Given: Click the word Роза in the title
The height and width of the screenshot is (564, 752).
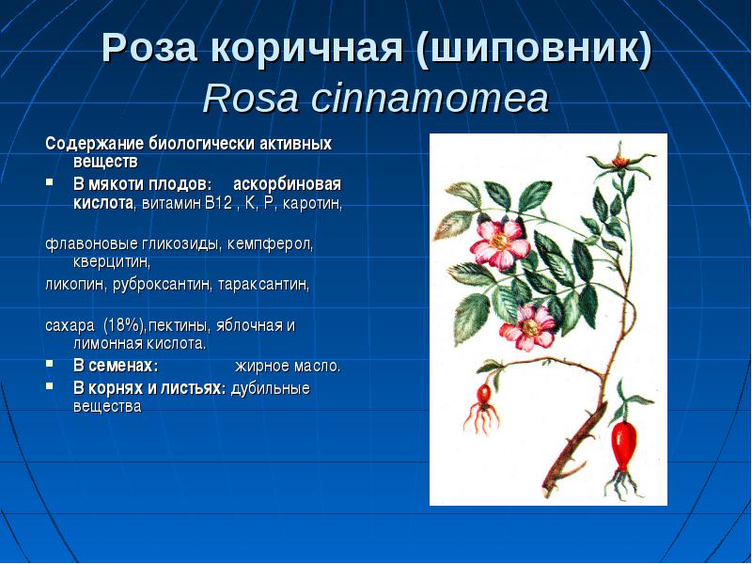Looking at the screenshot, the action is (x=149, y=48).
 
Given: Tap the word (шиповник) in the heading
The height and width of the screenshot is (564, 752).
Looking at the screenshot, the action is (x=534, y=49).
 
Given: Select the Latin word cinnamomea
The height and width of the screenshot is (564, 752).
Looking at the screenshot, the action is (x=430, y=99).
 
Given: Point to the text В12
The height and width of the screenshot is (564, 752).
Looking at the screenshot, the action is (x=218, y=203).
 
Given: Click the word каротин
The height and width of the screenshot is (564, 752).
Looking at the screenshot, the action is (x=312, y=204).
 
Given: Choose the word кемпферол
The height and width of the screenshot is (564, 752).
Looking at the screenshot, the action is (x=270, y=244).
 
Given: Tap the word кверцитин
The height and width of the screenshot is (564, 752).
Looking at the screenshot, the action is (x=112, y=263).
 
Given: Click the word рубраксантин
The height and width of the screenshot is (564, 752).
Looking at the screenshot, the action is (x=162, y=285).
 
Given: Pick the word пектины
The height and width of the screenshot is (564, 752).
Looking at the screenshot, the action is (x=180, y=326).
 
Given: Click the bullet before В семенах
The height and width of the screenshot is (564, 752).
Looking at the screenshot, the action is (x=49, y=363).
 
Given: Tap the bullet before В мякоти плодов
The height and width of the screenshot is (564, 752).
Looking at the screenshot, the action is (x=49, y=181).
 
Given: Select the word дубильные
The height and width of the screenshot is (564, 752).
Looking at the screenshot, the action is (x=271, y=388).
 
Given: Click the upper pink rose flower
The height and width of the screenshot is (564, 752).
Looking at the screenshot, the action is (x=499, y=243).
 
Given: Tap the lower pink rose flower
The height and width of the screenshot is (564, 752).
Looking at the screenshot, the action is (x=528, y=327).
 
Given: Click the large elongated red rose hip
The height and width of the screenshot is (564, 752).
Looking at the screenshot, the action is (x=623, y=446).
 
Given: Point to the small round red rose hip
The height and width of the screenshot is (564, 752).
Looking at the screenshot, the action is (x=484, y=395).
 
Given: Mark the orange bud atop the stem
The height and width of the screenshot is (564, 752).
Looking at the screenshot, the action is (x=620, y=161).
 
